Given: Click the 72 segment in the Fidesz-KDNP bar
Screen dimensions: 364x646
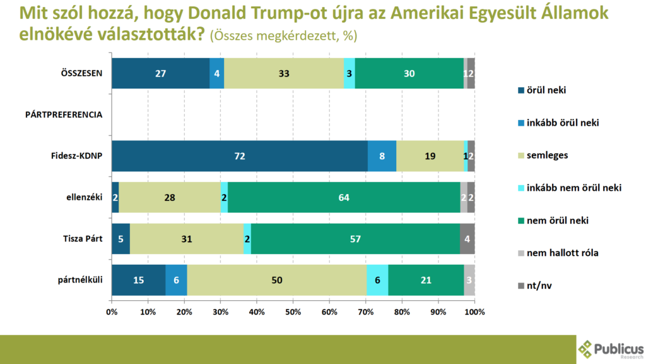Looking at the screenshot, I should [240, 155].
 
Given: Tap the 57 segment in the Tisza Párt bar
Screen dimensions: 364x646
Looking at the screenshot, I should [355, 239].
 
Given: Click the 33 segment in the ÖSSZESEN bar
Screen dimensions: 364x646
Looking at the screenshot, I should [284, 73].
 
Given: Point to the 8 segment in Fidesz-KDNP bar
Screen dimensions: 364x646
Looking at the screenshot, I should [382, 155].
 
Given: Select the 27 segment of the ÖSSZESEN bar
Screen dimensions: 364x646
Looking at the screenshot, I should [161, 73].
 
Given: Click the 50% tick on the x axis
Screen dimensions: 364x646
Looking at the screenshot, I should [293, 312].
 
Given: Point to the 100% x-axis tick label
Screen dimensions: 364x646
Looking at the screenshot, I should [474, 312].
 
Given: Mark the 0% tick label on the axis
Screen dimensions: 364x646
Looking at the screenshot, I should [112, 312].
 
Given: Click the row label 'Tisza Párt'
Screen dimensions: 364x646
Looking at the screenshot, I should [83, 239].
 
